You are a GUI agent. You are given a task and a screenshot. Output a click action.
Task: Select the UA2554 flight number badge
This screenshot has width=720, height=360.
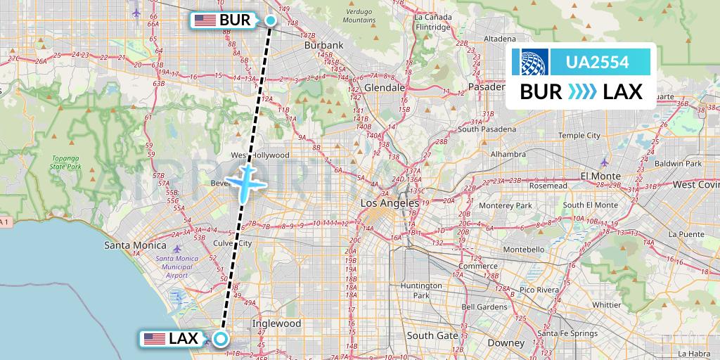click(598, 63)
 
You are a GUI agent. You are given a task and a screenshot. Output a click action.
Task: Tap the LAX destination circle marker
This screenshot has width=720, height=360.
click(221, 339)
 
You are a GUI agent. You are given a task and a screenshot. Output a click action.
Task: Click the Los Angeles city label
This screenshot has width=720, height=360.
click(390, 203)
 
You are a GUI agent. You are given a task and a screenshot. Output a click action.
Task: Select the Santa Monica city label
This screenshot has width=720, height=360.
click(135, 245)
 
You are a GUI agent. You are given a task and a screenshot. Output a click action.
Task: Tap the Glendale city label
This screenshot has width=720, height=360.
click(384, 88)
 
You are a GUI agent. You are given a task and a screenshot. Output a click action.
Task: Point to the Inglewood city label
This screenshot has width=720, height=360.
click(276, 323)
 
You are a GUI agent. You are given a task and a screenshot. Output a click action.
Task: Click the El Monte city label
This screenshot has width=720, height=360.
click(600, 176)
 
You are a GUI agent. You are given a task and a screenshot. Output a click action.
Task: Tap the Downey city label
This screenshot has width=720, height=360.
click(506, 343)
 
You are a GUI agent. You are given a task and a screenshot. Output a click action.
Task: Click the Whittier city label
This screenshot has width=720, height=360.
click(606, 304)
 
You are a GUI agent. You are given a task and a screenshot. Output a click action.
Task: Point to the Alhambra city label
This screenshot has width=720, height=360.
click(508, 154)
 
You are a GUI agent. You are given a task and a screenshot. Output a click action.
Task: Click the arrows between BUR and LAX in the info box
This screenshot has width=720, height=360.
click(581, 91)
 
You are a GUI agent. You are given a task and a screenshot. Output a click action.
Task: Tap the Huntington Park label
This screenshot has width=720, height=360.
click(420, 290)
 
